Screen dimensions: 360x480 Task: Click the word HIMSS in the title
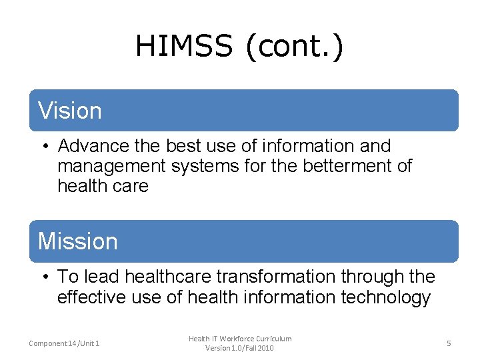pyautogui.click(x=184, y=47)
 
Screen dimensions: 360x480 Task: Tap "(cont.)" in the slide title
pyautogui.click(x=295, y=47)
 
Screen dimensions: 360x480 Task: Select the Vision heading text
pyautogui.click(x=70, y=111)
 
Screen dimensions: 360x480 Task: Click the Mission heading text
pyautogui.click(x=78, y=241)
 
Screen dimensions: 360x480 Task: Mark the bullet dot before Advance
pyautogui.click(x=43, y=146)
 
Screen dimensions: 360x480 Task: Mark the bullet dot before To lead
pyautogui.click(x=43, y=277)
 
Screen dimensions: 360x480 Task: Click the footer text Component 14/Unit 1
pyautogui.click(x=65, y=343)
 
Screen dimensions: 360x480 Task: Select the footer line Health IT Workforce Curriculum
pyautogui.click(x=240, y=339)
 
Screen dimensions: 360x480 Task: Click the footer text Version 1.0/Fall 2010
pyautogui.click(x=240, y=348)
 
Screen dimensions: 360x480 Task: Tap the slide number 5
pyautogui.click(x=449, y=343)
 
